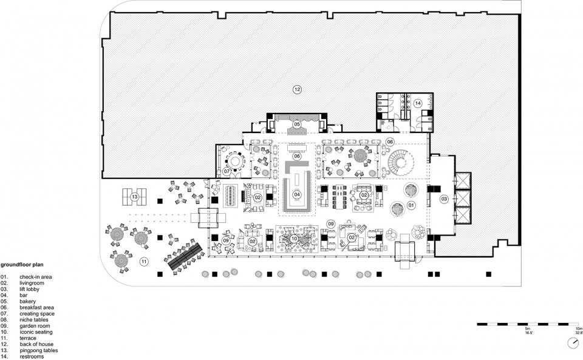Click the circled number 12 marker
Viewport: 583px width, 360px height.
(x=297, y=89)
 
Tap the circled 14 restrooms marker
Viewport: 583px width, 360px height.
(x=418, y=103)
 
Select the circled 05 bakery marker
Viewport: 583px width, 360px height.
(x=296, y=124)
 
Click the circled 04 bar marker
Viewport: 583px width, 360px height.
(x=297, y=194)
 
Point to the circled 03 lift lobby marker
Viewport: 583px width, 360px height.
(x=444, y=199)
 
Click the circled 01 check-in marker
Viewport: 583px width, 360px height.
(x=411, y=205)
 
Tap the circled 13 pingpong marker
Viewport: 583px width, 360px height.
(x=134, y=197)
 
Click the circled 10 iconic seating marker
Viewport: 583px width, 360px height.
(x=294, y=239)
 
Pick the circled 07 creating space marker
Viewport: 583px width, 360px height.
(x=227, y=172)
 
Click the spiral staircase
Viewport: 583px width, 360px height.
(x=401, y=162)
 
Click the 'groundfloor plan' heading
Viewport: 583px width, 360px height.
(x=22, y=265)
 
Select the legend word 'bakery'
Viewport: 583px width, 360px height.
(x=28, y=301)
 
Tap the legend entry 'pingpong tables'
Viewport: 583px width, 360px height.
(x=39, y=350)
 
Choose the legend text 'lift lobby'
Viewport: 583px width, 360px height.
(x=29, y=289)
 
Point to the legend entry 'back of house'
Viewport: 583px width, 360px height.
(x=36, y=344)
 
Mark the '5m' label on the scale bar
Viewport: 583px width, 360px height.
(x=527, y=329)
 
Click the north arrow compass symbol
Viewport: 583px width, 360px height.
(x=574, y=343)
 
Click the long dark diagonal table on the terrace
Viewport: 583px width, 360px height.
(x=185, y=256)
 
